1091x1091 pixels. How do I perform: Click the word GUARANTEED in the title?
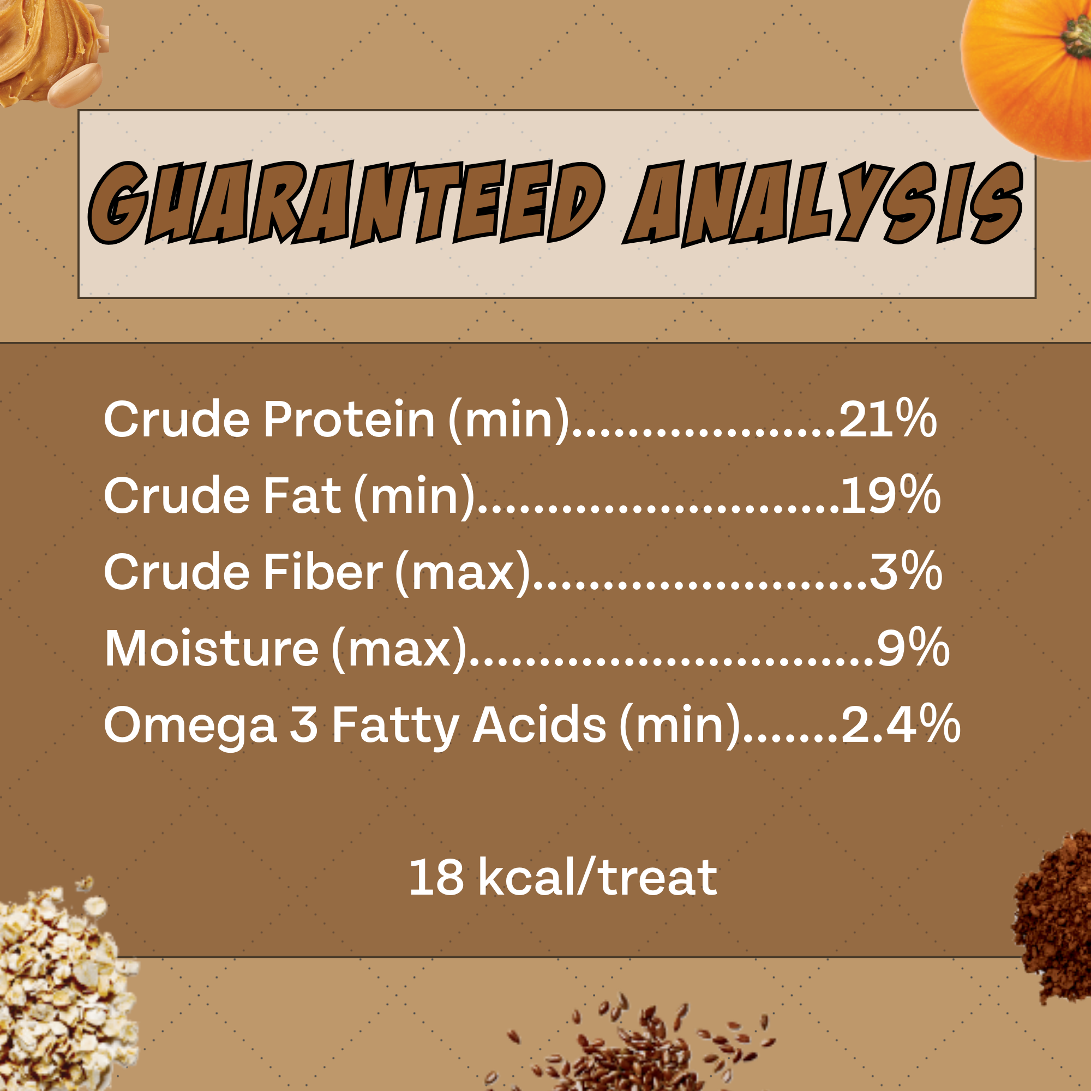(346, 203)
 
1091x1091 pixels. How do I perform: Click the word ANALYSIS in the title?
(823, 203)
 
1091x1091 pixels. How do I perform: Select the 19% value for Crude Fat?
(891, 495)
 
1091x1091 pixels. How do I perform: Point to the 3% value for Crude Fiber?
(906, 572)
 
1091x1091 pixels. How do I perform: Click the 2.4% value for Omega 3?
(901, 724)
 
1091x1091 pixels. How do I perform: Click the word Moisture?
(212, 648)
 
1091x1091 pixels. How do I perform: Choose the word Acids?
(539, 724)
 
